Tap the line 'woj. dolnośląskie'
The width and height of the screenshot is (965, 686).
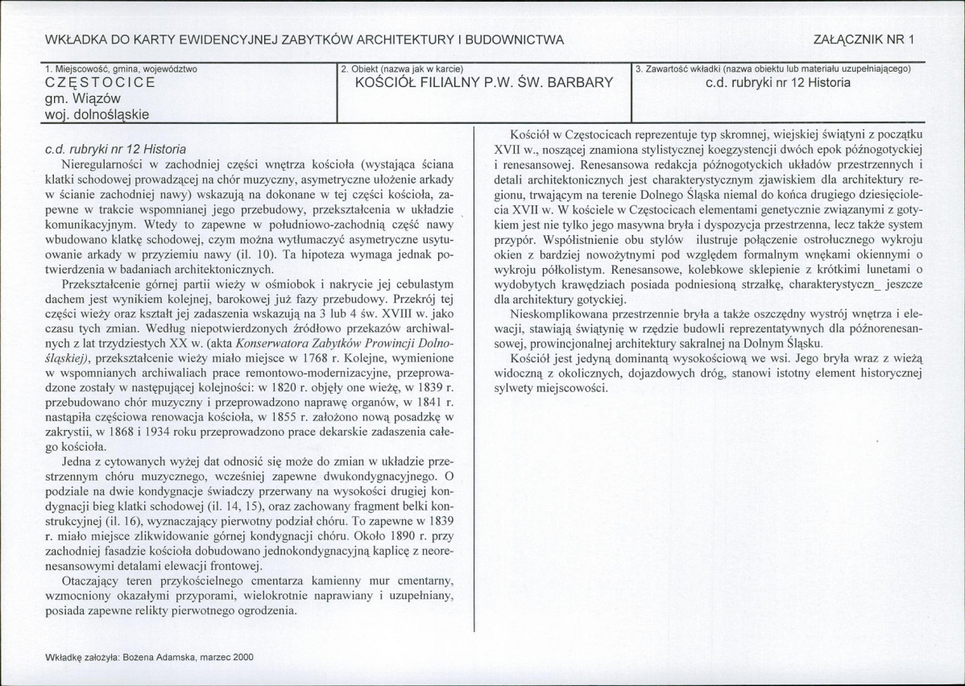pos(97,114)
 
